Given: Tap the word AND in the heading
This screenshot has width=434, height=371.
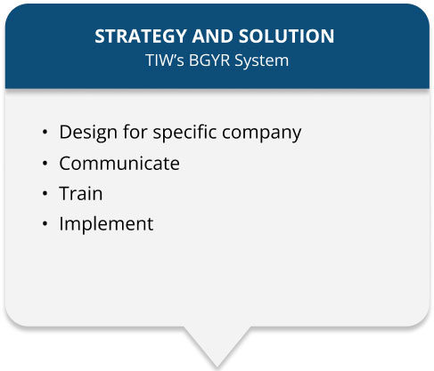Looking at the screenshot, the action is click(x=212, y=36).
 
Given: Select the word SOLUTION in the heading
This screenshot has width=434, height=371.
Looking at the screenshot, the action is click(x=286, y=36).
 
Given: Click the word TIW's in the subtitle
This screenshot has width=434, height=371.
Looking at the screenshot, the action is click(x=164, y=60).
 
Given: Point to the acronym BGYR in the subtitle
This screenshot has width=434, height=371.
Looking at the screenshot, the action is click(x=209, y=60).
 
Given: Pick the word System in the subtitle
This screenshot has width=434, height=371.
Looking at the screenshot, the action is click(x=262, y=60).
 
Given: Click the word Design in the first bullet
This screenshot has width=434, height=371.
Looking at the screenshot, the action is click(x=88, y=133).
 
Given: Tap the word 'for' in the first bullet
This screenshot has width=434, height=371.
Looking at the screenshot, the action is click(x=135, y=132).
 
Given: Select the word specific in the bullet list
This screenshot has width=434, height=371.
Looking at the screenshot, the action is click(x=184, y=133).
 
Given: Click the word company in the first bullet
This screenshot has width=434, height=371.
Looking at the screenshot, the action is click(x=262, y=133).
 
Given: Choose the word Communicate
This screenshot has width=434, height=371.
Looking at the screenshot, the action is click(x=119, y=163).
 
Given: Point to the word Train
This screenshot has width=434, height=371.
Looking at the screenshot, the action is click(x=81, y=193).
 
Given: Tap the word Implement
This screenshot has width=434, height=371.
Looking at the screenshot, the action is click(x=106, y=224).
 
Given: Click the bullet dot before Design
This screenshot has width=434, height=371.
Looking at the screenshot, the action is click(x=45, y=133).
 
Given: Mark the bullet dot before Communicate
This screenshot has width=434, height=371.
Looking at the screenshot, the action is click(x=45, y=164).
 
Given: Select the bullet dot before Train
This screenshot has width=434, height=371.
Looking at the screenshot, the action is click(x=45, y=194).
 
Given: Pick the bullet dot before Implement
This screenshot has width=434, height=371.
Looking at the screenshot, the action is click(x=45, y=223).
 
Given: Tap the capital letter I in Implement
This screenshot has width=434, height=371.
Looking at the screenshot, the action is click(x=61, y=223).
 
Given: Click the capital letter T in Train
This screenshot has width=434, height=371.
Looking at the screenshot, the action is click(x=65, y=193).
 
